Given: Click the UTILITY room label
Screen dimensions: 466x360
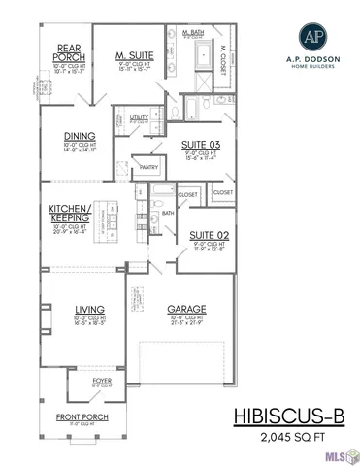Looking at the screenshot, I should coord(139,116).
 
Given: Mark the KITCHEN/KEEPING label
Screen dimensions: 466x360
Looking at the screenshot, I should coord(71,214).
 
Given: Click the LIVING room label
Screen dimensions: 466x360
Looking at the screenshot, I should coord(89,311).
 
